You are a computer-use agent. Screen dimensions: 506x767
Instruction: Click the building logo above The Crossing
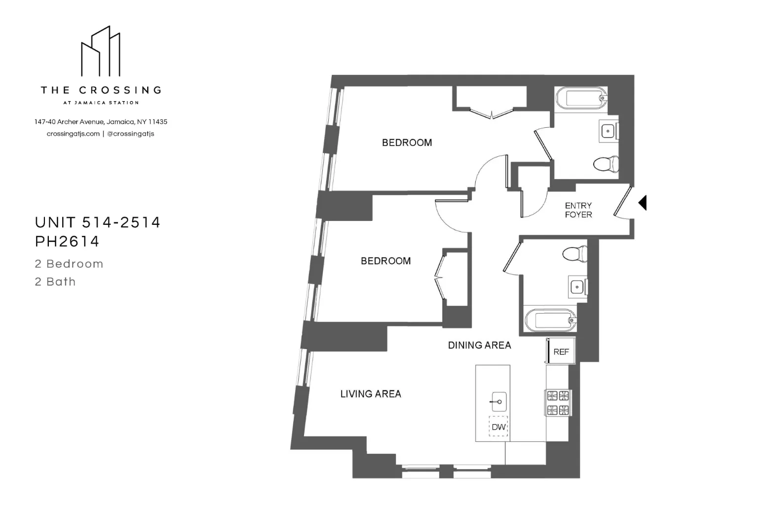101,51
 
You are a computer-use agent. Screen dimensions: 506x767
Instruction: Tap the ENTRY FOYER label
578,210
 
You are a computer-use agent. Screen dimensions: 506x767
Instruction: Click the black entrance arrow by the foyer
642,203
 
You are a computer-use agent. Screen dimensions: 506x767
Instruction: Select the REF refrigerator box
561,352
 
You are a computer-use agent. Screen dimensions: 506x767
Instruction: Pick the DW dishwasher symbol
499,427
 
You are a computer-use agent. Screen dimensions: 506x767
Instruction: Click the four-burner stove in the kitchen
558,402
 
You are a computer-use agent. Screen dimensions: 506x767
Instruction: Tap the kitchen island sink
499,402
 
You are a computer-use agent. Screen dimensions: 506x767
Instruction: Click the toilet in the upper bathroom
606,164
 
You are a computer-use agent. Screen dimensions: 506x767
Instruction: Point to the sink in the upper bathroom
608,131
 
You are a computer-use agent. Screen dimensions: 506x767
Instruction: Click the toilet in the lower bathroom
574,254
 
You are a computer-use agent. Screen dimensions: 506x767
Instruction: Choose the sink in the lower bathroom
576,287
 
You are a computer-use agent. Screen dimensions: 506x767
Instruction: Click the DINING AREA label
479,345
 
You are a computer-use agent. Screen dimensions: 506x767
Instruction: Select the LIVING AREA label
371,394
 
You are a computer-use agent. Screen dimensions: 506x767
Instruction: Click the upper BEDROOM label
407,143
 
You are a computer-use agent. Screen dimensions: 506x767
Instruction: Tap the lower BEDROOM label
385,261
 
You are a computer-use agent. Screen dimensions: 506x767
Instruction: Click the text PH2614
67,241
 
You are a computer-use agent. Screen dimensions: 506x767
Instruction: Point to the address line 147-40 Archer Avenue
101,122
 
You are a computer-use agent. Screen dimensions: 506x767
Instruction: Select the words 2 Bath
55,282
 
